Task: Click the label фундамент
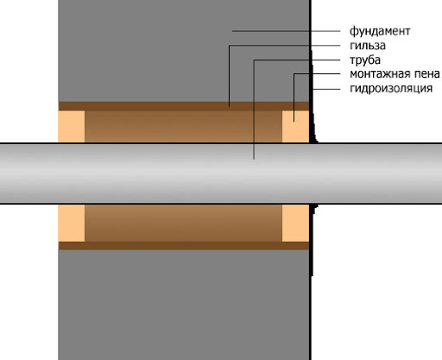380,31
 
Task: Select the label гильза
368,46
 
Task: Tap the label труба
365,60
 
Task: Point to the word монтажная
380,74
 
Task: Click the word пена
426,74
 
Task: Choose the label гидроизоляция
391,88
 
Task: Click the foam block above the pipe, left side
72,127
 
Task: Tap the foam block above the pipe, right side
295,127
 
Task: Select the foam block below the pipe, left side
72,223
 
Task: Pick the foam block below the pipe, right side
295,223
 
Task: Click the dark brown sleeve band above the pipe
184,106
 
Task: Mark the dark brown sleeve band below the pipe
184,245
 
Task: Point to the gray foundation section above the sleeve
184,51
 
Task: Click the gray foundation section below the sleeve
184,305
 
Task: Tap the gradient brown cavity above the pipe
183,127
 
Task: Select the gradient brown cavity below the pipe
183,223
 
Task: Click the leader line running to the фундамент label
286,31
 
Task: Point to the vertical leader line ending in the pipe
254,110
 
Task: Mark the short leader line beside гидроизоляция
326,89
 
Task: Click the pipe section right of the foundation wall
376,174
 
